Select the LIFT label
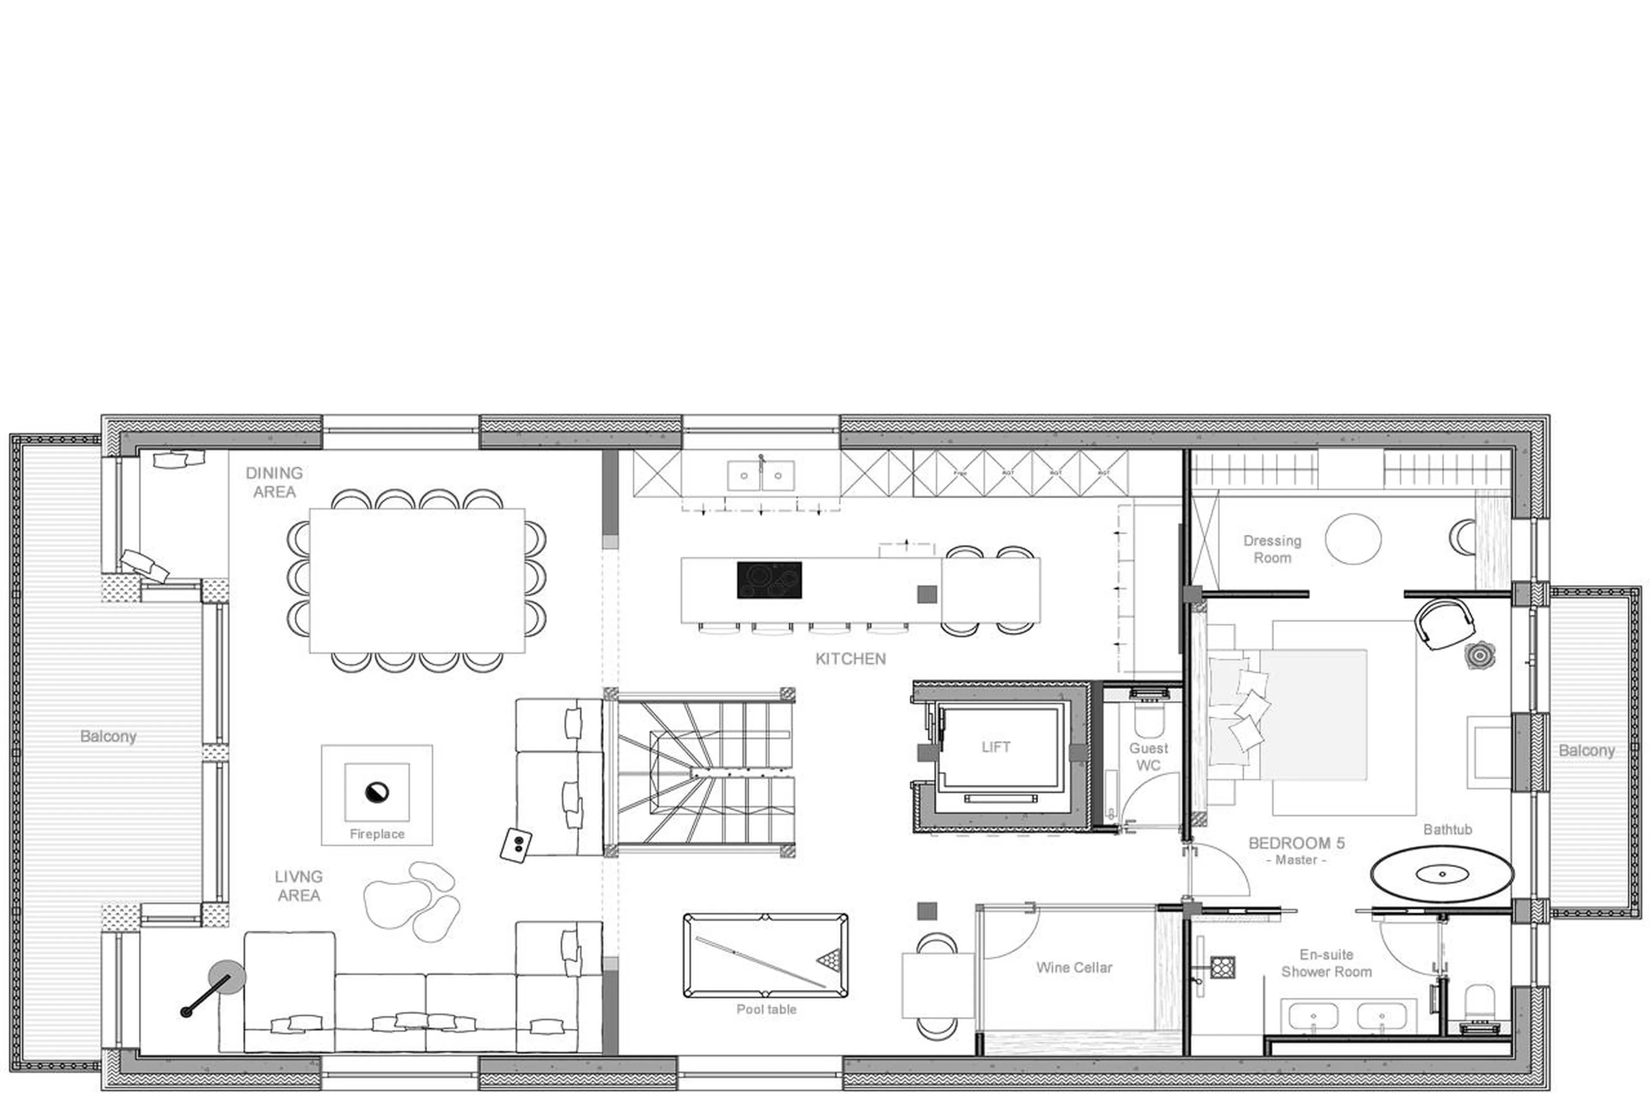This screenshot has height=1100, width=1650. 995,747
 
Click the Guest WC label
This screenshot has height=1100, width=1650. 1148,756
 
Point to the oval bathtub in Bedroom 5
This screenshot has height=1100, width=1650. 1442,874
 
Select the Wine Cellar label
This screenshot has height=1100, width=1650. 1074,968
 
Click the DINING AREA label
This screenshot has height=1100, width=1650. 274,482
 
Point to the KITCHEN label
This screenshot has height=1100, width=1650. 850,659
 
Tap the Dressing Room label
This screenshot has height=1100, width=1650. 1272,549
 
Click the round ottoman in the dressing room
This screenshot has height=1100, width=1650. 1353,539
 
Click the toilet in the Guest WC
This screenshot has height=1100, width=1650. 1149,720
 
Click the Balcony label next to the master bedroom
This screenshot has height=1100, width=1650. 1586,751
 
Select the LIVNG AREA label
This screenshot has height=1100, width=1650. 299,886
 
